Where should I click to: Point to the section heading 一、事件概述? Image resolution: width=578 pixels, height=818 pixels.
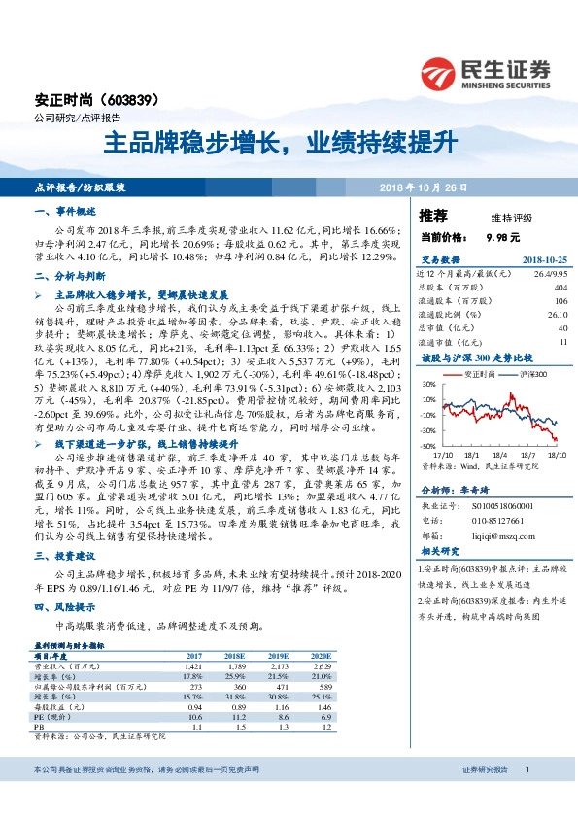click(x=64, y=210)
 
